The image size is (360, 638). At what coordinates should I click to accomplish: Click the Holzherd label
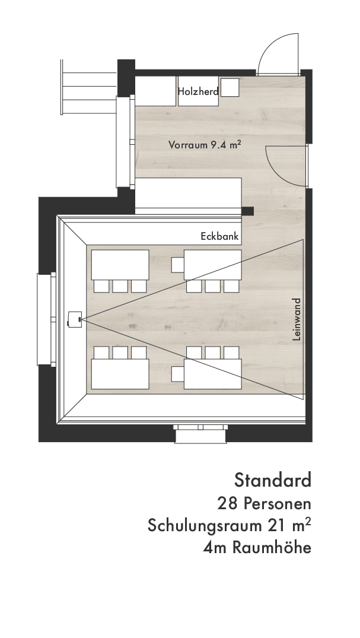(x=198, y=91)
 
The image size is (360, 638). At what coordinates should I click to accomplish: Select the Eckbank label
(x=219, y=236)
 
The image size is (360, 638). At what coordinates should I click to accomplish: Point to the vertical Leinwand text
(x=297, y=319)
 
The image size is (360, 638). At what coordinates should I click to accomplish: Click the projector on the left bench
(x=75, y=318)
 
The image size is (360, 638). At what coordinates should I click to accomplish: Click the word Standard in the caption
(x=273, y=480)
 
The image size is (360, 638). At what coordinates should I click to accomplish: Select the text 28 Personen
(x=265, y=504)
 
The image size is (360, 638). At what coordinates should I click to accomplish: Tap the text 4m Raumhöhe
(x=257, y=548)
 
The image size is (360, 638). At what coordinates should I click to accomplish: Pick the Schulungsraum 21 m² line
(x=230, y=525)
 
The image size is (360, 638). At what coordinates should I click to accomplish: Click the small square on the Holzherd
(x=230, y=87)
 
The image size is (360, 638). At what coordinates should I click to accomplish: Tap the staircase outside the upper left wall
(x=89, y=87)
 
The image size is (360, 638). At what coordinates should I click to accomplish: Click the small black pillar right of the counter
(x=248, y=211)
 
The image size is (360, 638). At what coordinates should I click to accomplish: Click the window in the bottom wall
(x=200, y=434)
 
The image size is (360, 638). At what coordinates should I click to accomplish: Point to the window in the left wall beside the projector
(x=46, y=319)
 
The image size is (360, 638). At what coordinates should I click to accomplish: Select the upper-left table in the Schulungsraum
(x=120, y=265)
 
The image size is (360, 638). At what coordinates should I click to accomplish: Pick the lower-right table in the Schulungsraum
(x=213, y=374)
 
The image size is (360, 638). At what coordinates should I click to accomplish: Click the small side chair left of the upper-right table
(x=178, y=265)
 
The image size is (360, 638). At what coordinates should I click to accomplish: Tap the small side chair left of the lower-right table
(x=178, y=374)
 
